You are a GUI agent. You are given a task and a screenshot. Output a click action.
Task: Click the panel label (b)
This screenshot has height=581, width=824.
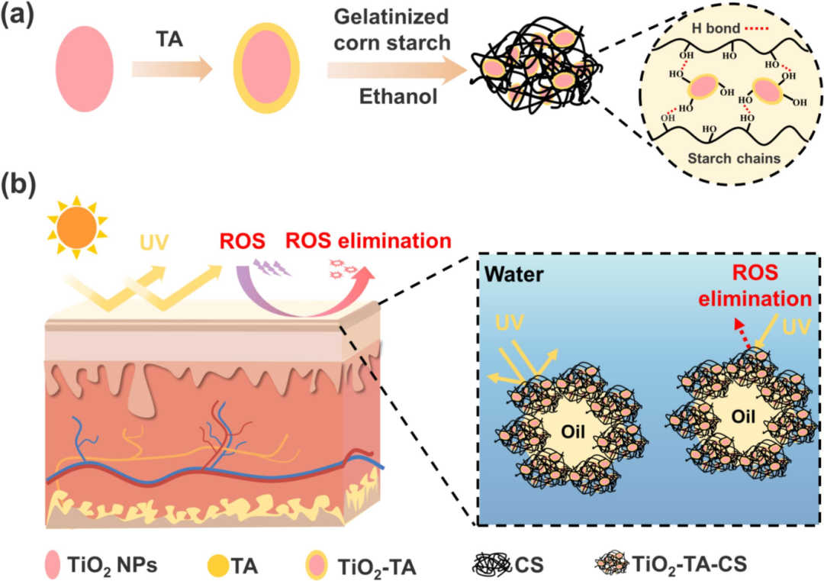[18, 186]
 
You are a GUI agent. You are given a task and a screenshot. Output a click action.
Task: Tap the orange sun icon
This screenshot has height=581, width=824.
[77, 228]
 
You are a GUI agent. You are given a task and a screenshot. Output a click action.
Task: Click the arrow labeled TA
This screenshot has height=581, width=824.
[172, 69]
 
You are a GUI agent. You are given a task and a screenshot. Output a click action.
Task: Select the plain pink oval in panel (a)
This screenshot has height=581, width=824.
[84, 69]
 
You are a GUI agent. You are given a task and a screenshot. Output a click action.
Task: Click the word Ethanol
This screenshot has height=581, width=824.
[398, 97]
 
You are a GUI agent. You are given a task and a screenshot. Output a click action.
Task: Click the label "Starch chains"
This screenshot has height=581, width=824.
[734, 158]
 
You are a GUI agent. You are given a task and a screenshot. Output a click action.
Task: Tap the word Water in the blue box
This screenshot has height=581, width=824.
[514, 274]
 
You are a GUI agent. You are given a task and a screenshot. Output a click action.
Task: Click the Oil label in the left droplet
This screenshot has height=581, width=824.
[573, 431]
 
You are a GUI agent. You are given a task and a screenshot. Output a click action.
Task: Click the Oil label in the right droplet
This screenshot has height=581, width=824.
[743, 416]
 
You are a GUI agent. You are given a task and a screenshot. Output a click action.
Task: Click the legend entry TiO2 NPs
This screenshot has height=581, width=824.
[101, 565]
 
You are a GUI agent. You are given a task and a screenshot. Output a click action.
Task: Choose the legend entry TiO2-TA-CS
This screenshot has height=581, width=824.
[671, 564]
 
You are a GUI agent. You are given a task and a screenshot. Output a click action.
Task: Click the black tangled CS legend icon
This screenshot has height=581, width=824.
[491, 565]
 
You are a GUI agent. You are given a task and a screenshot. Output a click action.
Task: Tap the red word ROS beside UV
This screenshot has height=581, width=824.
[243, 241]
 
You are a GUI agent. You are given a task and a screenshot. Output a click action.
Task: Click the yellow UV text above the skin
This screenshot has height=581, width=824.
[154, 242]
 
